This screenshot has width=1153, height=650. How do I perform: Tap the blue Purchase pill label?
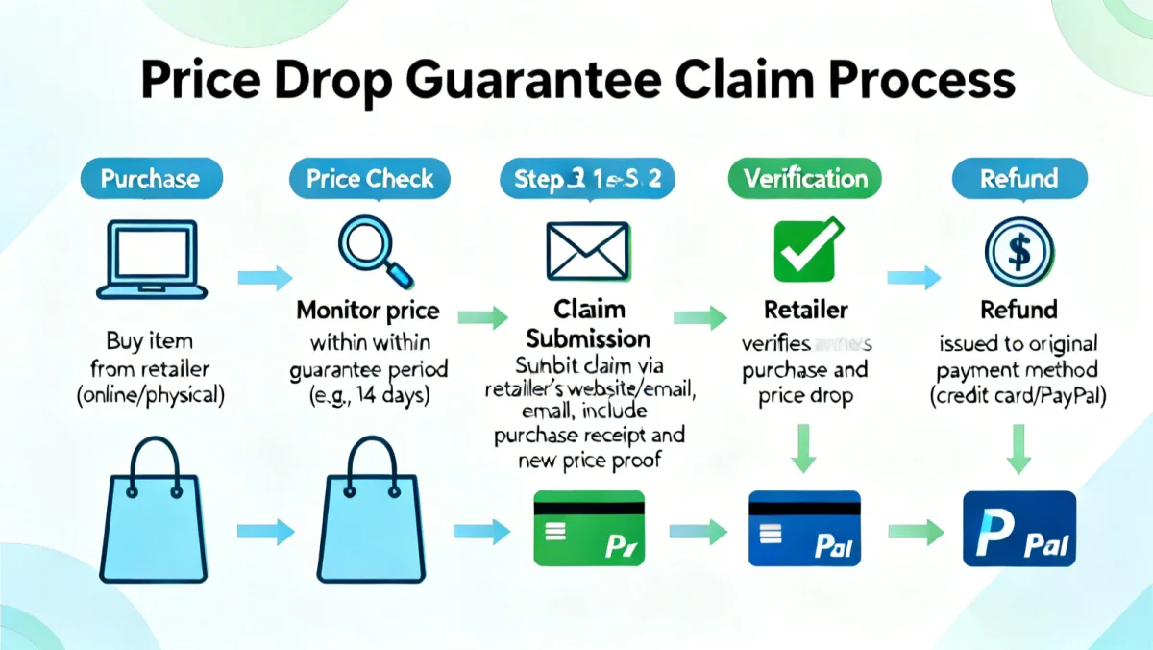point(151,179)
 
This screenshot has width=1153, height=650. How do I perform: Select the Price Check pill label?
point(370,179)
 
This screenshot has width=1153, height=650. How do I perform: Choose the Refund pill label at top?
point(1018,179)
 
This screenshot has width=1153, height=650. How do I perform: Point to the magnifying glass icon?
point(372,248)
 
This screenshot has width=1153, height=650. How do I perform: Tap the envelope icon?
point(587,247)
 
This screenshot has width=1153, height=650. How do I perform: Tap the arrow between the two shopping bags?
point(265,529)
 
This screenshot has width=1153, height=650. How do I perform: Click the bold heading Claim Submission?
point(588,324)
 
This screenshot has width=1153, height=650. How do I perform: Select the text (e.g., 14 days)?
point(370,395)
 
